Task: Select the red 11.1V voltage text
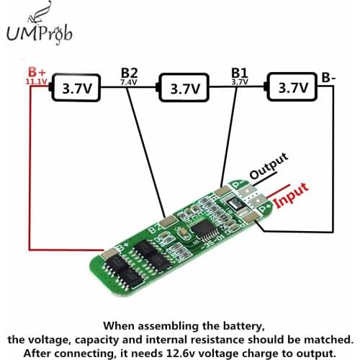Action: click(37, 82)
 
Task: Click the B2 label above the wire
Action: click(130, 72)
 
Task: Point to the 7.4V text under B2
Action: click(130, 82)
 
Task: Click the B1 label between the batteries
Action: click(239, 72)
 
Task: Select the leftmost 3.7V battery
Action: click(76, 89)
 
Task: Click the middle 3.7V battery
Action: click(186, 89)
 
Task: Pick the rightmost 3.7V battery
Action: click(294, 89)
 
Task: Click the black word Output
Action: click(269, 165)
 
